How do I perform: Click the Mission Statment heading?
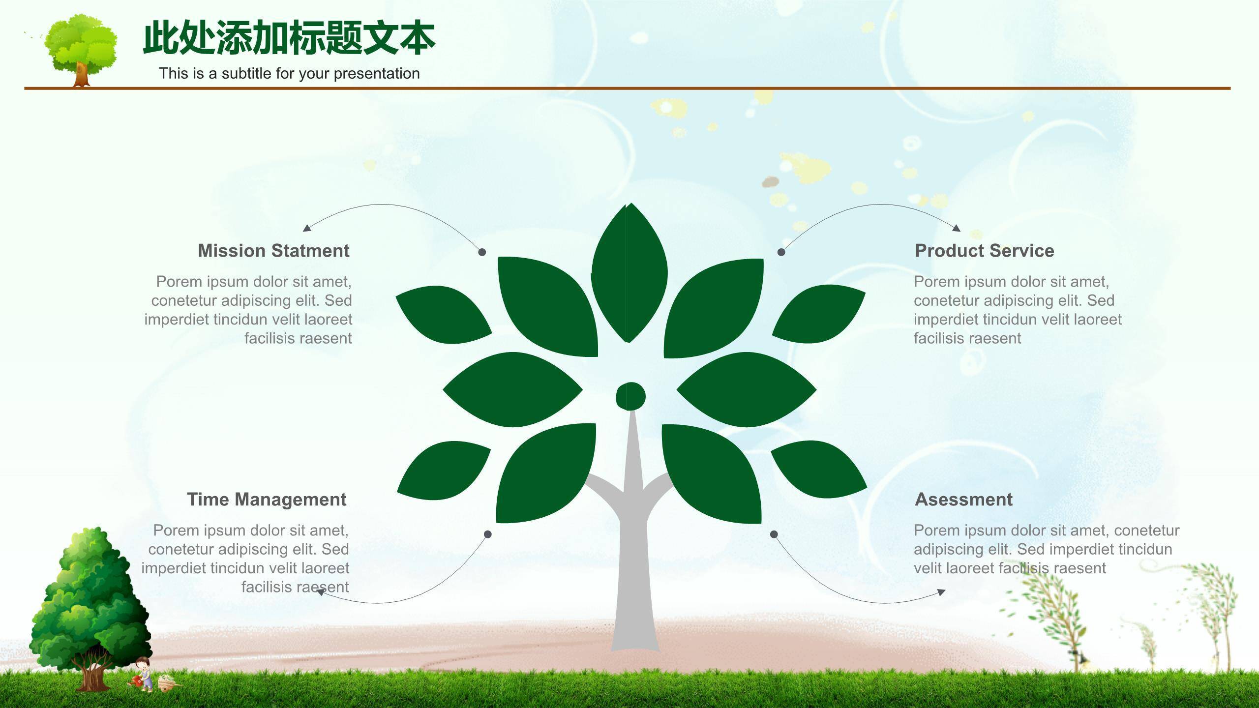coord(273,251)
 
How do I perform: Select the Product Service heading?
coord(985,251)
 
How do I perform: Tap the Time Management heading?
coord(267,500)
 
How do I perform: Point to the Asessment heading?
coord(963,500)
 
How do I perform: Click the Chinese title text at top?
coord(289,37)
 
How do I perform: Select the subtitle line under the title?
coord(289,73)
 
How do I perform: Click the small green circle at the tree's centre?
coord(630,396)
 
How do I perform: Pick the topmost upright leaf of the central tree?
coord(629,272)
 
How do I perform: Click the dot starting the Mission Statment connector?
coord(482,252)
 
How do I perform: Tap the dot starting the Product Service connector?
coord(781,252)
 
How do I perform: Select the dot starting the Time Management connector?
coord(488,534)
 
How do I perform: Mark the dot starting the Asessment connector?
coord(774,534)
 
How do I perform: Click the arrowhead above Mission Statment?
coord(307,228)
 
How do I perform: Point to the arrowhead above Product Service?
coord(956,228)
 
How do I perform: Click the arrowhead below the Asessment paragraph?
coord(941,592)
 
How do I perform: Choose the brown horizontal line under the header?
coord(628,88)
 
